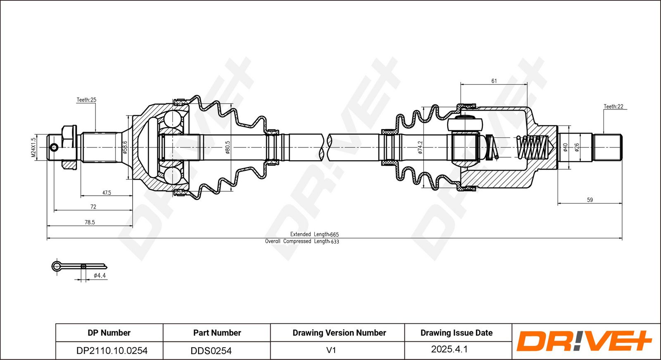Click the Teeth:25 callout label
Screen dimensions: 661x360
(x=86, y=100)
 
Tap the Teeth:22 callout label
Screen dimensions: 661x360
(x=613, y=107)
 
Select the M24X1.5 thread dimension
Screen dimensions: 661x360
(x=33, y=147)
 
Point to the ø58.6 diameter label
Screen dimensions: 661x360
(x=125, y=147)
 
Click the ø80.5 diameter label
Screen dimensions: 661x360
(x=228, y=147)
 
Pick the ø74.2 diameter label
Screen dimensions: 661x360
(x=420, y=147)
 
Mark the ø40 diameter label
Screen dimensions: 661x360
(x=566, y=147)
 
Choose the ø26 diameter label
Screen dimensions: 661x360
(x=577, y=147)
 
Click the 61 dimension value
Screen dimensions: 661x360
(x=494, y=81)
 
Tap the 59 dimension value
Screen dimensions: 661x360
(x=590, y=200)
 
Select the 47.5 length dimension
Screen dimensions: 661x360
(x=107, y=193)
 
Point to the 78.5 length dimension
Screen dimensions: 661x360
(x=90, y=222)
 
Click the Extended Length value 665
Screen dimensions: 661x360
(x=334, y=234)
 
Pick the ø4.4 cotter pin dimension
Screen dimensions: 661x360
(x=100, y=276)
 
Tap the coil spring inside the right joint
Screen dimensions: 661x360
(x=533, y=147)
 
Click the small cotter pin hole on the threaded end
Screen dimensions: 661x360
(x=54, y=147)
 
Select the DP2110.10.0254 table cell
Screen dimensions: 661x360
(x=112, y=351)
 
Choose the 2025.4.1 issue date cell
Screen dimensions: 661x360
(x=449, y=349)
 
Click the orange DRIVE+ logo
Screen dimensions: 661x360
(x=584, y=341)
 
